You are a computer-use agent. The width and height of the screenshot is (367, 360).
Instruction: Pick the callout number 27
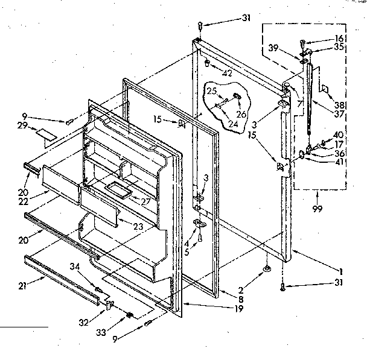pos(145,200)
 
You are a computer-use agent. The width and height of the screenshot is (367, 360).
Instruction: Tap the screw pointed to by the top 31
pos(200,25)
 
